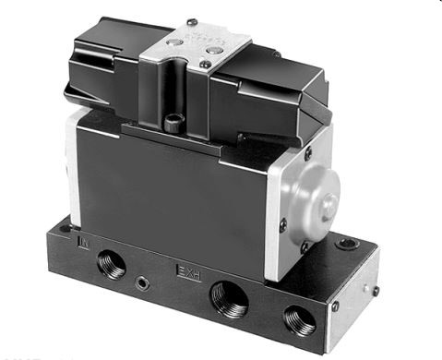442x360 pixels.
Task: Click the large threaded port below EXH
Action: click(227, 301)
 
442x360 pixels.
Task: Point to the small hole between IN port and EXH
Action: click(141, 277)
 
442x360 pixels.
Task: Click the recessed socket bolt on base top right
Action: click(346, 245)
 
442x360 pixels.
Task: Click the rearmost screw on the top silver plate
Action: click(191, 22)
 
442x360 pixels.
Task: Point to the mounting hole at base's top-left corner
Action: click(64, 226)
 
